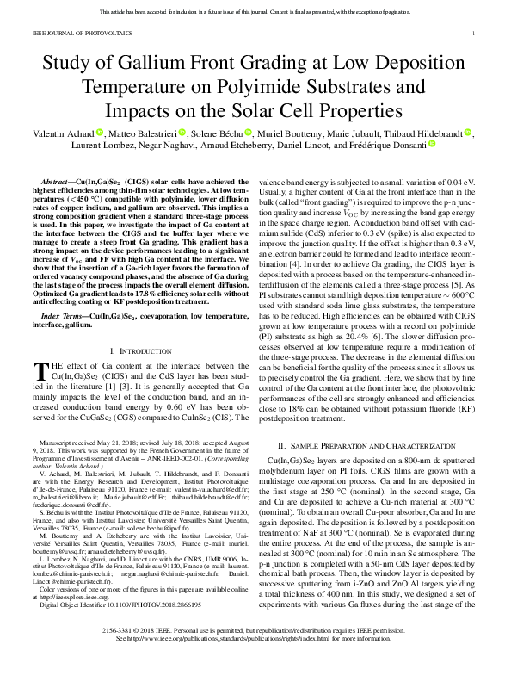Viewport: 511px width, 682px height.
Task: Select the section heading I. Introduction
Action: click(x=138, y=328)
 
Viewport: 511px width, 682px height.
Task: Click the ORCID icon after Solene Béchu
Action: click(x=249, y=133)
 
